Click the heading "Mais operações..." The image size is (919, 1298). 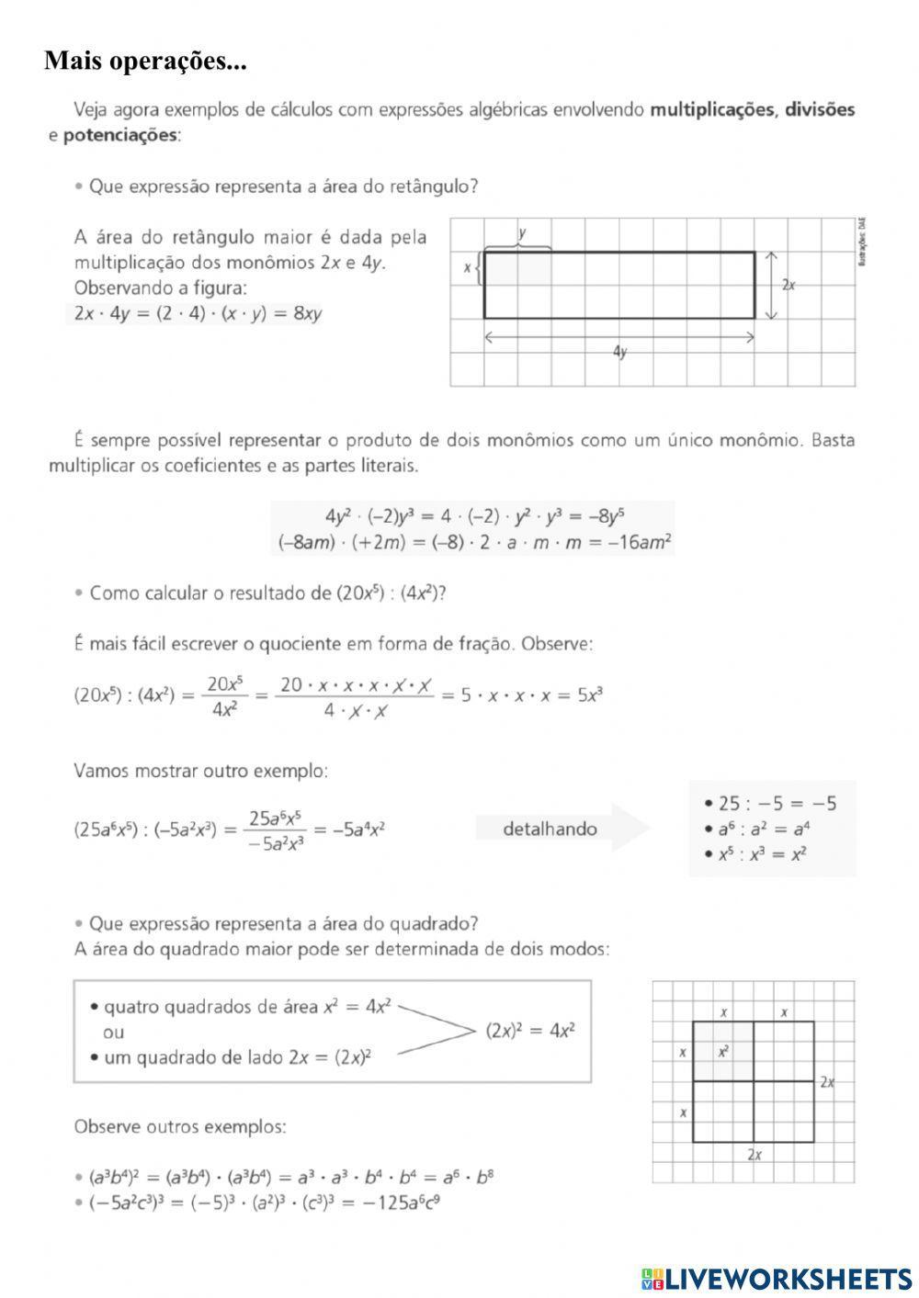pyautogui.click(x=145, y=62)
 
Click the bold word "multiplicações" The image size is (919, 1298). pyautogui.click(x=712, y=110)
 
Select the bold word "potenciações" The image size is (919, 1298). pyautogui.click(x=119, y=135)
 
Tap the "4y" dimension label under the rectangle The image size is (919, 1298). pyautogui.click(x=620, y=352)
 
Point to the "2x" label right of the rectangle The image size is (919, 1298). pyautogui.click(x=789, y=286)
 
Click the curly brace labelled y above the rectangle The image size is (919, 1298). pyautogui.click(x=517, y=246)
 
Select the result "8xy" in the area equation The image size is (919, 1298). pyautogui.click(x=307, y=313)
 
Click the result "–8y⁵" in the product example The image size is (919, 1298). pyautogui.click(x=604, y=516)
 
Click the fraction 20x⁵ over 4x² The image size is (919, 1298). pyautogui.click(x=224, y=696)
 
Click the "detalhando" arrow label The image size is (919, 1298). pyautogui.click(x=550, y=830)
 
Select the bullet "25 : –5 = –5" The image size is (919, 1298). pyautogui.click(x=777, y=804)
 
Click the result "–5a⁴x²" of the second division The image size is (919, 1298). pyautogui.click(x=357, y=830)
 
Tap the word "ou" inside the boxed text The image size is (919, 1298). pyautogui.click(x=114, y=1033)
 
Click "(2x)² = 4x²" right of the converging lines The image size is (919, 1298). pyautogui.click(x=530, y=1031)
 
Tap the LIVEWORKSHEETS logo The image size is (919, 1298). pyautogui.click(x=776, y=1278)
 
